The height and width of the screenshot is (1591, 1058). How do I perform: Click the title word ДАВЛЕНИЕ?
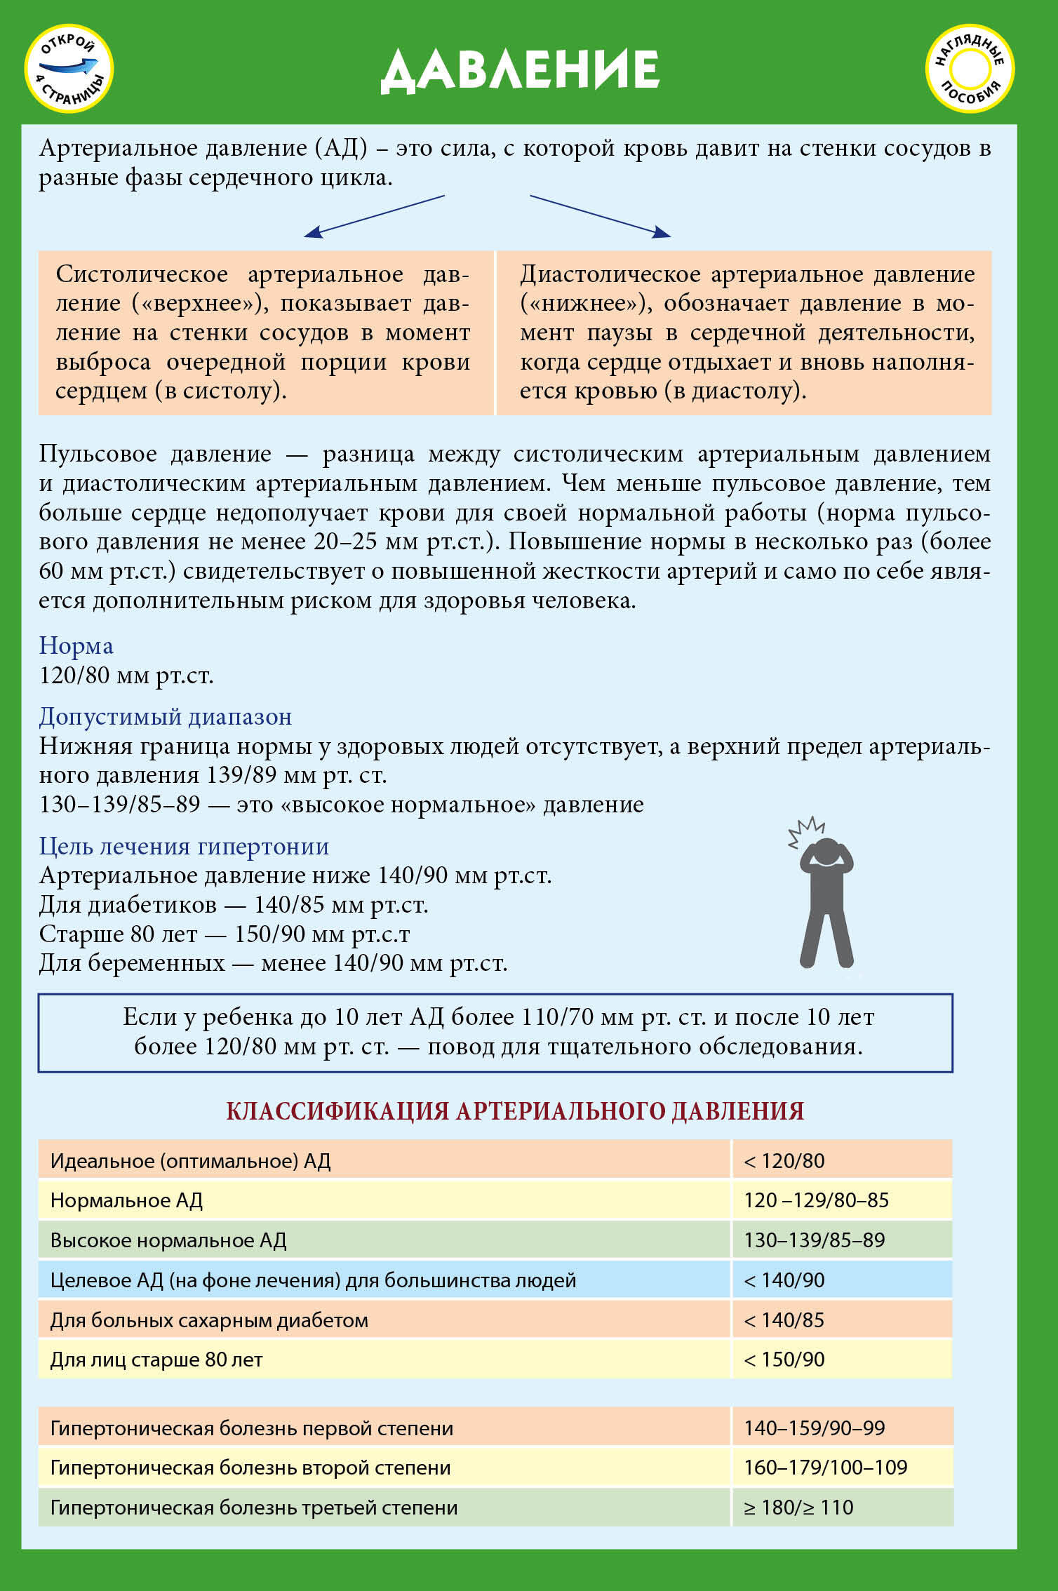tap(520, 70)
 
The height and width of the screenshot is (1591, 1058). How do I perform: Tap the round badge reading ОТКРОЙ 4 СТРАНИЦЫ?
tap(69, 69)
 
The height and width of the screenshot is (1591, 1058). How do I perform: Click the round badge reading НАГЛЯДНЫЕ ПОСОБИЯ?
tap(970, 69)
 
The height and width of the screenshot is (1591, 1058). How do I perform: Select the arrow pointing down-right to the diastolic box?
tap(600, 216)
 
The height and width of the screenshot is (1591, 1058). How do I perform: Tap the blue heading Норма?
tap(76, 645)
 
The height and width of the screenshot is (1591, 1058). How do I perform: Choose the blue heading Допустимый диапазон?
tap(165, 716)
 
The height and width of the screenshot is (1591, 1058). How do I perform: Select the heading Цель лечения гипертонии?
tap(184, 846)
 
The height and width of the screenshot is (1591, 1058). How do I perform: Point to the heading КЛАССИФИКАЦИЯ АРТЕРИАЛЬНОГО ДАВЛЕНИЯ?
tap(515, 1111)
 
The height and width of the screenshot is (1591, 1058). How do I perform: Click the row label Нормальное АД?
tap(126, 1200)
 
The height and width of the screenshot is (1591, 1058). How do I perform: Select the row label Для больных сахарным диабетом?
tap(209, 1320)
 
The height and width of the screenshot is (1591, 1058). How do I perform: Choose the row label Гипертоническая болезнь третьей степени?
tap(253, 1508)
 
